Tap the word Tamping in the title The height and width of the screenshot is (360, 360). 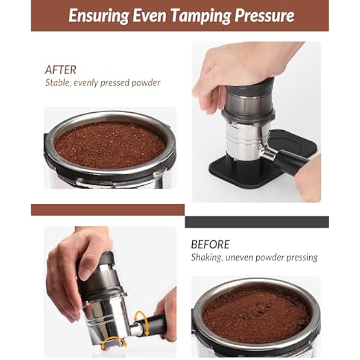pyautogui.click(x=203, y=15)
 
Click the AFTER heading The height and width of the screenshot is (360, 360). pyautogui.click(x=60, y=70)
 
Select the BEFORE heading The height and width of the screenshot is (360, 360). pyautogui.click(x=210, y=245)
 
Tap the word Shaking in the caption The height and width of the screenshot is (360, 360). pyautogui.click(x=207, y=258)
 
